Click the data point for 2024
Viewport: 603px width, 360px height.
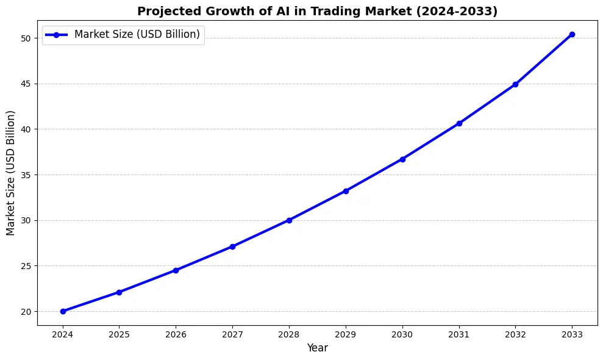(63, 311)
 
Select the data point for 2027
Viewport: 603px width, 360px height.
(232, 247)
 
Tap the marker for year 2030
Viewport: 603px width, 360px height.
(402, 159)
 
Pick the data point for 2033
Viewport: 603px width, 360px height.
(572, 34)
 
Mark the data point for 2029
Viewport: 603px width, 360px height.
(346, 191)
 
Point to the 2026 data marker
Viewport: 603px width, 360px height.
(176, 270)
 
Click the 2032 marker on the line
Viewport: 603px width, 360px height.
(515, 84)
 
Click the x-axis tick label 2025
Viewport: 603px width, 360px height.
(119, 334)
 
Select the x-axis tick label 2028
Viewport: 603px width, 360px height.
(289, 334)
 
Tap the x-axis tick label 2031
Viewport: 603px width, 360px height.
(458, 334)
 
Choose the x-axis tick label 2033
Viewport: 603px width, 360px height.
(572, 334)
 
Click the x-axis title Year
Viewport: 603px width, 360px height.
(317, 348)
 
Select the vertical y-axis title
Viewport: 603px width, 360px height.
(10, 173)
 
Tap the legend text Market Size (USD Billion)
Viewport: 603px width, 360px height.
(137, 35)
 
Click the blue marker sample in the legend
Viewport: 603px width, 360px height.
(57, 35)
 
